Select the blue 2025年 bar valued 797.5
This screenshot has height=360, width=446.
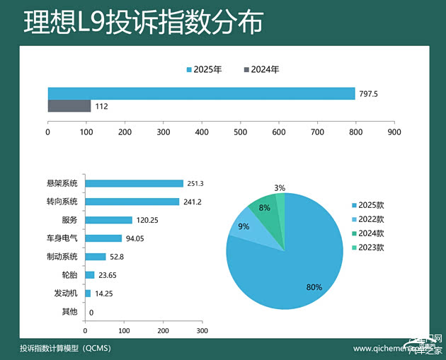[x=201, y=93]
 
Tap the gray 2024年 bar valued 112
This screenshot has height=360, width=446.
[x=69, y=106]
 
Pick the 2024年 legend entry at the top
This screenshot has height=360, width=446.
[x=261, y=70]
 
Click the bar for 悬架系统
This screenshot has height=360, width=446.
[x=134, y=183]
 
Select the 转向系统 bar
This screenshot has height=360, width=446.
[x=132, y=202]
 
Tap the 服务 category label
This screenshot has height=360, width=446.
[x=69, y=220]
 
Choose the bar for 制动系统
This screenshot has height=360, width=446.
[x=95, y=257]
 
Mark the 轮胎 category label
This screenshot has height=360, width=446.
[x=69, y=275]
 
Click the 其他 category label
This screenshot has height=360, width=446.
[x=69, y=312]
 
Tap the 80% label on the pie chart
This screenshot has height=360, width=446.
[x=314, y=287]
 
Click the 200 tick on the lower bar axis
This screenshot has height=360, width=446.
[x=163, y=330]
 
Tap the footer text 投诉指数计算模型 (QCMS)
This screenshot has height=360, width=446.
[x=66, y=349]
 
